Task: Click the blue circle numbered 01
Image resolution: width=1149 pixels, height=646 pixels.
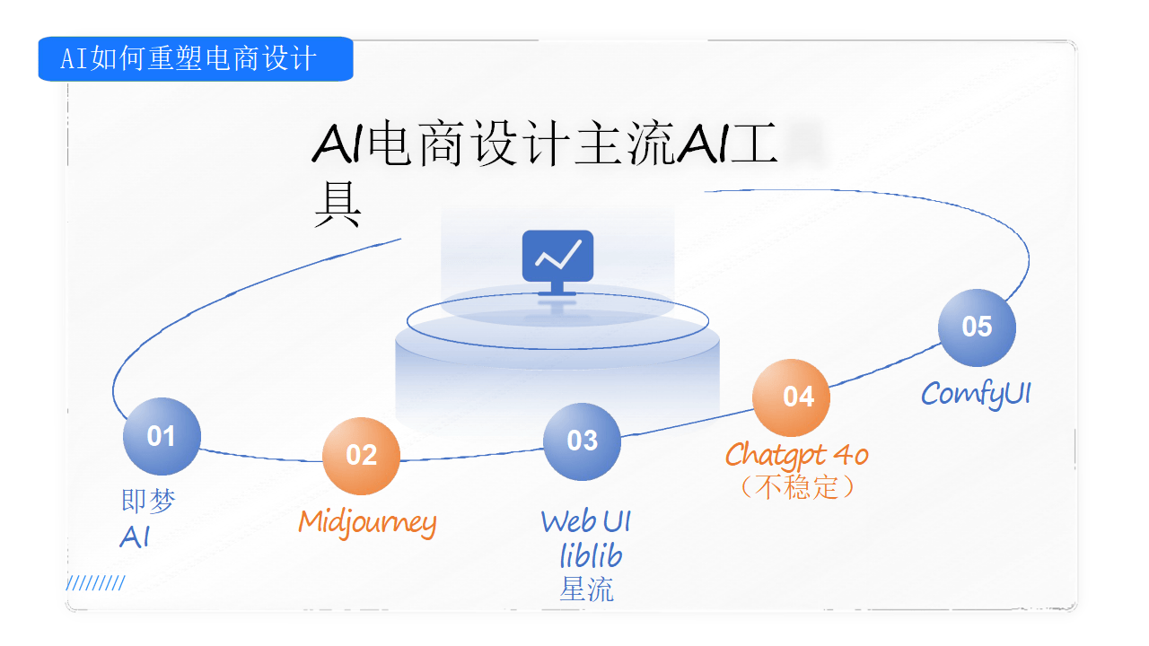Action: [x=162, y=437]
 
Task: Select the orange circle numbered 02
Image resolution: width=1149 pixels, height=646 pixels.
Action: [x=361, y=456]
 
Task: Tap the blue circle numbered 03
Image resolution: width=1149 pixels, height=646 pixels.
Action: [x=582, y=441]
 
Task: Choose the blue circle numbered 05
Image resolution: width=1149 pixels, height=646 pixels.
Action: [x=977, y=327]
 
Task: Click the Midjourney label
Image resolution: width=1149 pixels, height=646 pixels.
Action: [x=367, y=522]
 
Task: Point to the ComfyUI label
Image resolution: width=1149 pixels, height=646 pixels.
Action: [x=976, y=394]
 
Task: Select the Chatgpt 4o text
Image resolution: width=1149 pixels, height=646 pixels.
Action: [x=797, y=456]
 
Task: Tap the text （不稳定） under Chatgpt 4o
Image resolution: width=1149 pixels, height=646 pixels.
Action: [x=797, y=487]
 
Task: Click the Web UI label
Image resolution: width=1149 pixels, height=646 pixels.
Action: [x=586, y=521]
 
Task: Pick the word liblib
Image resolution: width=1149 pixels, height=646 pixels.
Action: [x=591, y=556]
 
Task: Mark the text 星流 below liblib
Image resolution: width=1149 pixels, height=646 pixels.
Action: [x=587, y=589]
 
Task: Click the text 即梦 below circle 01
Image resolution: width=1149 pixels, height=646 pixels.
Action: [x=148, y=501]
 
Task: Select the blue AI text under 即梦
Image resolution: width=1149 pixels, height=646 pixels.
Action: [x=135, y=537]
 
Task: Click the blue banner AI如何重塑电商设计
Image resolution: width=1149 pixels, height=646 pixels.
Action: [x=195, y=59]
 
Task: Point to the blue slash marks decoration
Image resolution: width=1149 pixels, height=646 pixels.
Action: [x=95, y=584]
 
